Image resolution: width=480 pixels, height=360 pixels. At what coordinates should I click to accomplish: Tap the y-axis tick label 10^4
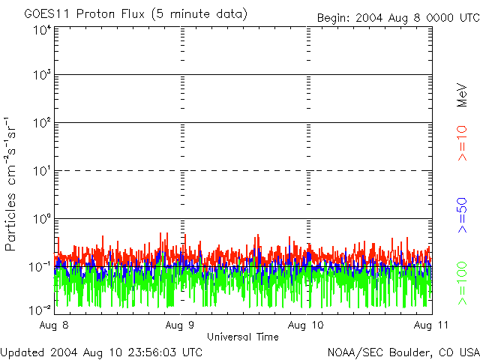point(42,30)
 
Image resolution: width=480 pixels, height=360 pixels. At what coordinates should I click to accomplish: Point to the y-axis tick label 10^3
point(42,75)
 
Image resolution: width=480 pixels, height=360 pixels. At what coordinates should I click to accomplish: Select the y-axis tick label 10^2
point(42,122)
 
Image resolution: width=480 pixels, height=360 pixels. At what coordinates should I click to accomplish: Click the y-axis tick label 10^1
point(42,170)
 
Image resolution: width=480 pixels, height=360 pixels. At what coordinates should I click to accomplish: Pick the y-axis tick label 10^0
point(42,218)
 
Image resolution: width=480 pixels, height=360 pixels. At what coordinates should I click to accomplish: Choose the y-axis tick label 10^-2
point(41,308)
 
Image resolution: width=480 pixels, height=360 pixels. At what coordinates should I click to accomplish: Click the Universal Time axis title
point(243,337)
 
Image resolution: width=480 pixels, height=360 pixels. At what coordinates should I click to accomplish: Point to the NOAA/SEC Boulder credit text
point(403,352)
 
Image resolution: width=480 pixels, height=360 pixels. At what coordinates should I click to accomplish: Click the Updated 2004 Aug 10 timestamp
point(101,352)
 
